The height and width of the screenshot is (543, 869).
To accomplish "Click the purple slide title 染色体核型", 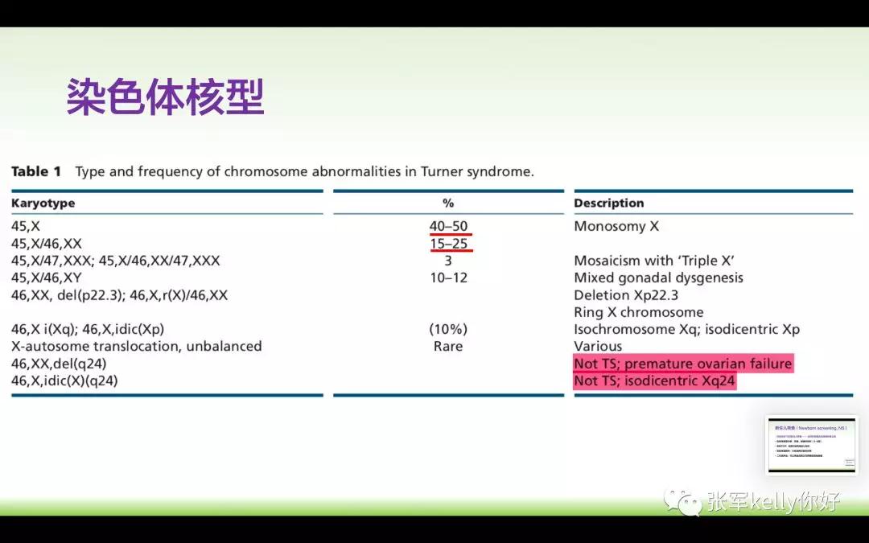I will pyautogui.click(x=165, y=97).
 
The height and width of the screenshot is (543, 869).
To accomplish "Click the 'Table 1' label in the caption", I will pyautogui.click(x=36, y=171).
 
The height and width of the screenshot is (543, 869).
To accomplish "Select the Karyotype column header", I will pyautogui.click(x=43, y=204).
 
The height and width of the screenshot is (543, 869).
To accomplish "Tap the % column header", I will pyautogui.click(x=448, y=204).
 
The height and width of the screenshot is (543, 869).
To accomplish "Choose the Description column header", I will pyautogui.click(x=609, y=204).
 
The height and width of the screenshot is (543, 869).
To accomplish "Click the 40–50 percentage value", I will pyautogui.click(x=448, y=226).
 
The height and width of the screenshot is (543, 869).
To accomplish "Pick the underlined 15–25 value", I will pyautogui.click(x=448, y=243).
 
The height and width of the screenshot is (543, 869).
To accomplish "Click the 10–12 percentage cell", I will pyautogui.click(x=448, y=278).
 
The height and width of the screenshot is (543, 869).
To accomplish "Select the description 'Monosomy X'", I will pyautogui.click(x=616, y=226).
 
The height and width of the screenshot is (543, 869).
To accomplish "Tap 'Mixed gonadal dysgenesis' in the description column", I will pyautogui.click(x=658, y=278).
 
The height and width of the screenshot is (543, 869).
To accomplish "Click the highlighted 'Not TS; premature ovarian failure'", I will pyautogui.click(x=682, y=364).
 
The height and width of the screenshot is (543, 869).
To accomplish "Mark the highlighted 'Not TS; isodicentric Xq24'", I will pyautogui.click(x=654, y=381).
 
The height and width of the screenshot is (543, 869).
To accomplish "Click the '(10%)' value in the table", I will pyautogui.click(x=448, y=329).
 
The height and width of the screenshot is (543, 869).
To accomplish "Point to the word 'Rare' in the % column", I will pyautogui.click(x=448, y=346).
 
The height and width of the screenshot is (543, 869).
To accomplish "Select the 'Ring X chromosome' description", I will pyautogui.click(x=638, y=312).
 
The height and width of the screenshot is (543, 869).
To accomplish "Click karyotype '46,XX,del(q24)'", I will pyautogui.click(x=59, y=364).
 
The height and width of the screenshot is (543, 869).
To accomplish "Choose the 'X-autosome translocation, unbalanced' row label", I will pyautogui.click(x=137, y=346).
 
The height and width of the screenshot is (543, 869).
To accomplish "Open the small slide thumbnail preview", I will pyautogui.click(x=810, y=444).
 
